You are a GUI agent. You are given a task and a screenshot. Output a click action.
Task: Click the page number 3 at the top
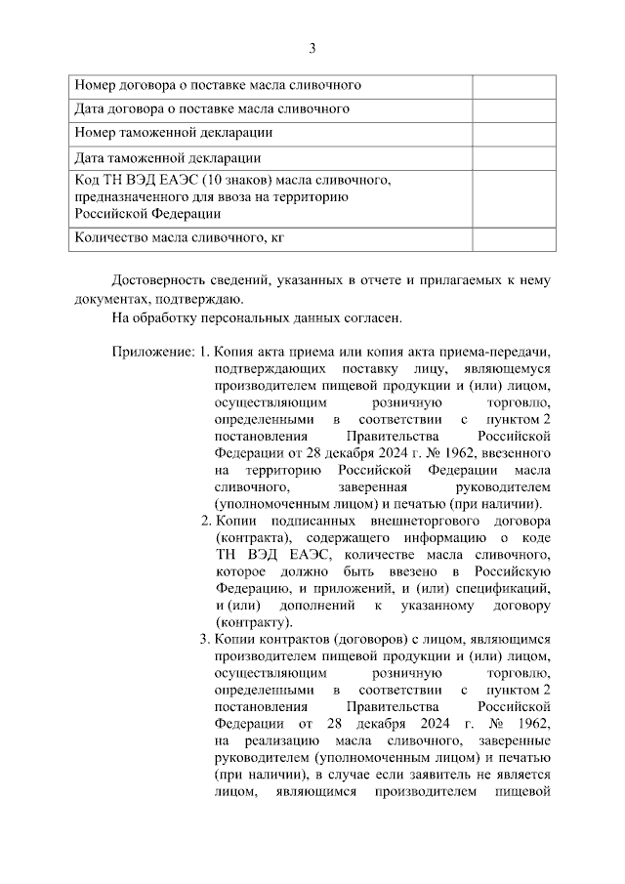pos(312,48)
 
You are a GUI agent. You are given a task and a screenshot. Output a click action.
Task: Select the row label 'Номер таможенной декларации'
pos(174,132)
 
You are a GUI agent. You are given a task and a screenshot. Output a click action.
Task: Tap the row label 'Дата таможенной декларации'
pos(168,157)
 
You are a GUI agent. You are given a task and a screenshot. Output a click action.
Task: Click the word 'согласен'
pos(374,317)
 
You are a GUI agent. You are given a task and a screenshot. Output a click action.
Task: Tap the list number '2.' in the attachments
pos(205,521)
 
